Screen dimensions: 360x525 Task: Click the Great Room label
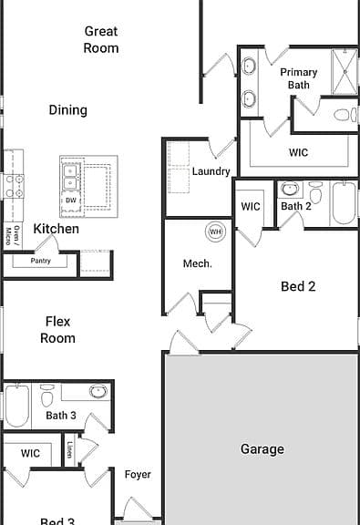[x=101, y=39]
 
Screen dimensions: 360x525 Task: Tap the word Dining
[x=68, y=109]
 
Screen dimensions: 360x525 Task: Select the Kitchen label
[x=57, y=229]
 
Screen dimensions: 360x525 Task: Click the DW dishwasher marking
[x=71, y=201]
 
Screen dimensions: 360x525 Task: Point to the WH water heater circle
[x=215, y=232]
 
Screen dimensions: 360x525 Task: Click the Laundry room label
[x=211, y=171]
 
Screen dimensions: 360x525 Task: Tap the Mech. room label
[x=198, y=263]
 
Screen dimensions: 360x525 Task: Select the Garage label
[x=262, y=449]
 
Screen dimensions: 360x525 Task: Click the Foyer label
[x=138, y=475]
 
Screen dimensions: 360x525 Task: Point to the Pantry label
[x=40, y=261]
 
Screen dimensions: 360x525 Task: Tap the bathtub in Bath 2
[x=344, y=203]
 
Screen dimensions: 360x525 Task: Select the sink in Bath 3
[x=98, y=391]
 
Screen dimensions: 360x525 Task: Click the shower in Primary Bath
[x=345, y=72]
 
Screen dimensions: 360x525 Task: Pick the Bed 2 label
[x=298, y=286]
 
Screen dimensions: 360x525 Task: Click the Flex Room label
[x=57, y=330]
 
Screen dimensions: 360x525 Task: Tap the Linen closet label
[x=69, y=449]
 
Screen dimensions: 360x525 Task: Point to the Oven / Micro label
[x=13, y=235]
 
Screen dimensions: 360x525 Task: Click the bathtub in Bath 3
[x=16, y=406]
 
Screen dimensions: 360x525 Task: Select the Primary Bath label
[x=298, y=78]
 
